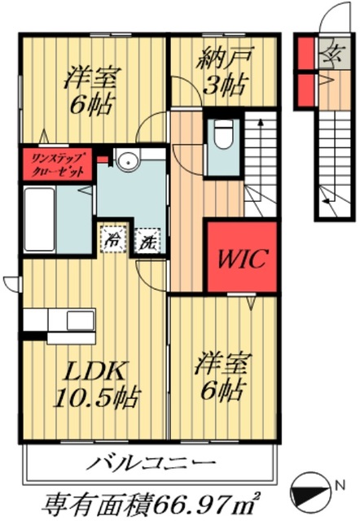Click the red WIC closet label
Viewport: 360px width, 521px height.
[241, 259]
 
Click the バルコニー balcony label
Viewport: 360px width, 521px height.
[152, 466]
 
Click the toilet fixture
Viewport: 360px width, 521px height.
[222, 135]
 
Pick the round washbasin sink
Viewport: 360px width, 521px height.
[125, 162]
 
